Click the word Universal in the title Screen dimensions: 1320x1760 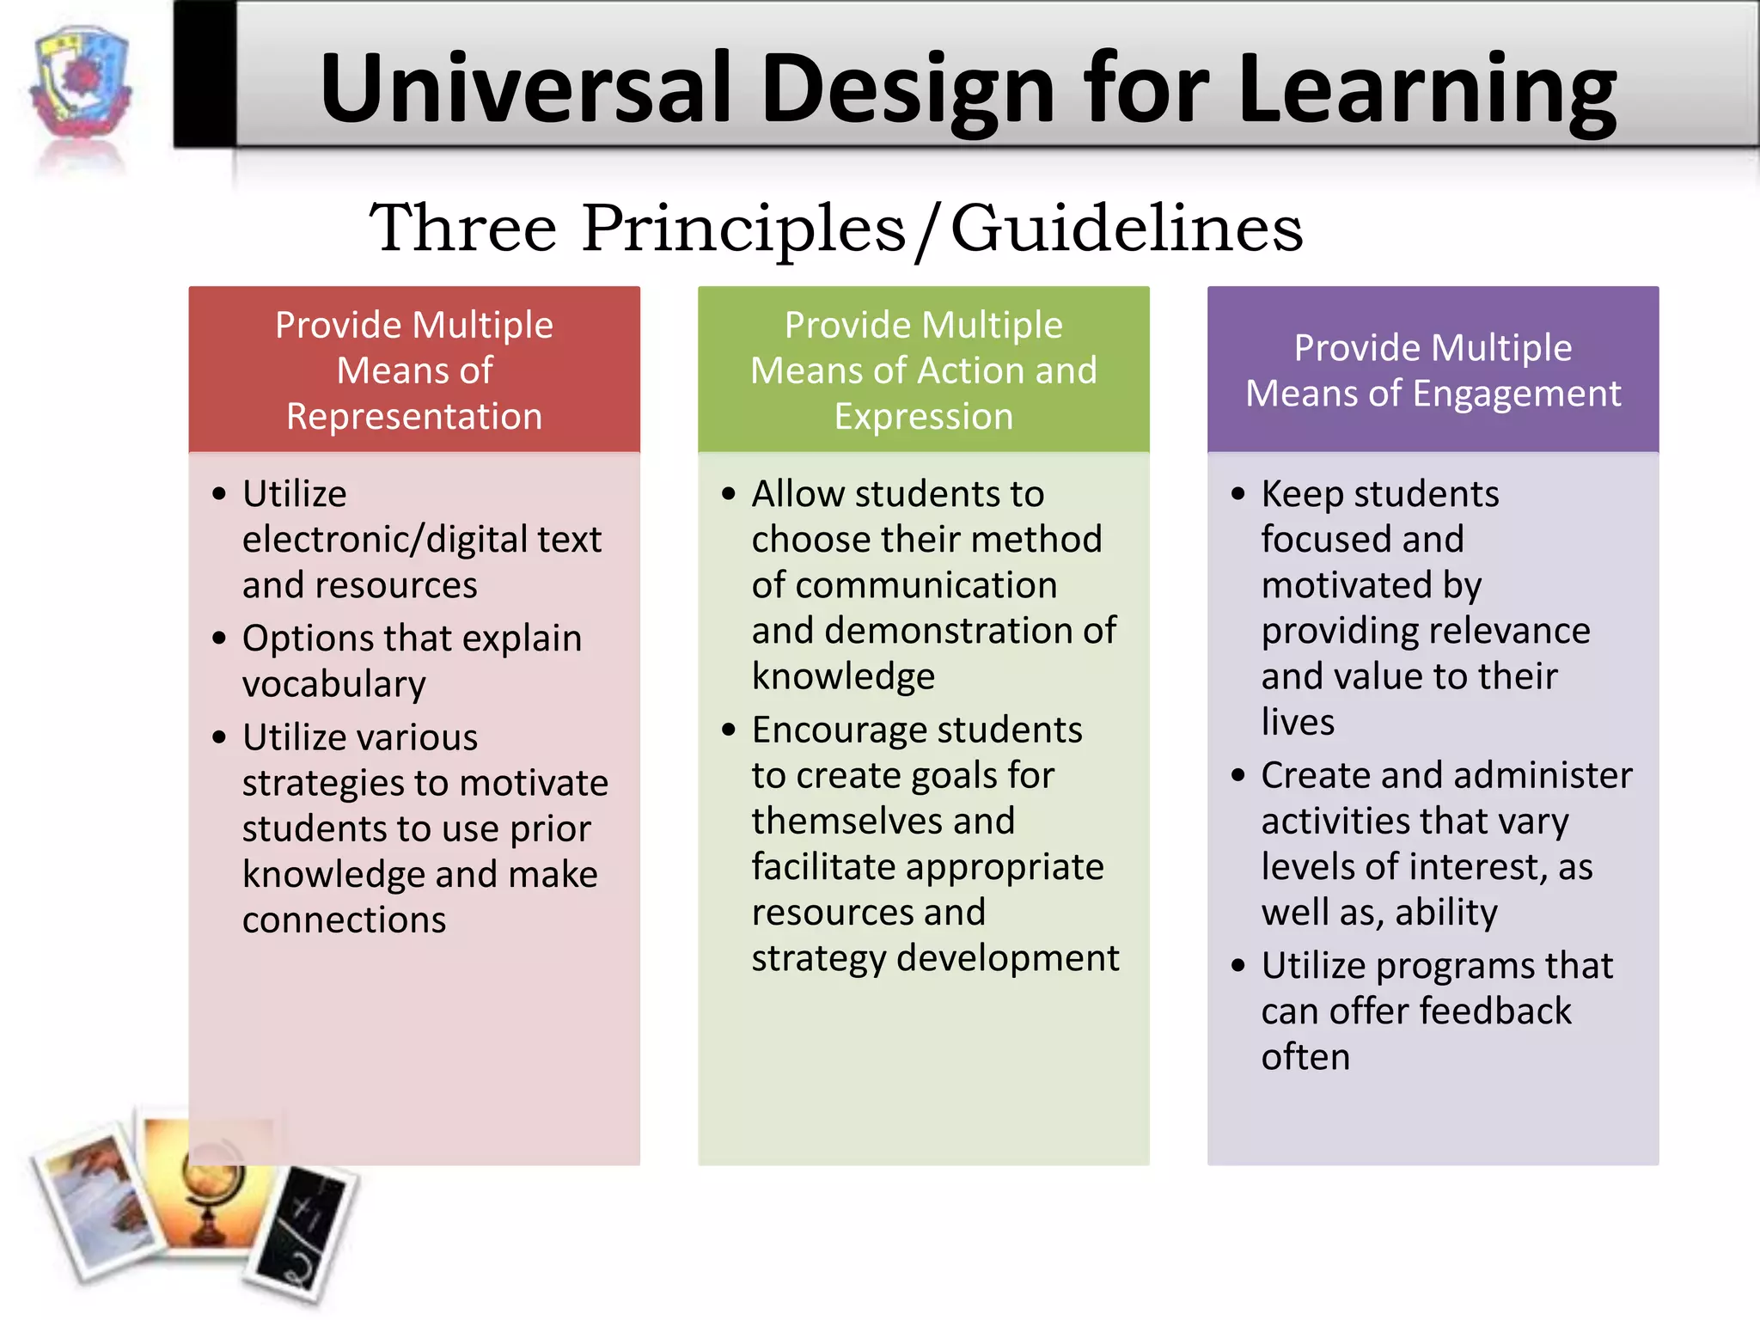tap(525, 89)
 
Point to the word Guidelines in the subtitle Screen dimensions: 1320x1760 tap(1127, 228)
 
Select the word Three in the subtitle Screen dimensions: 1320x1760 tap(463, 228)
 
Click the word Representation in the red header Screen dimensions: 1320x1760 tap(414, 417)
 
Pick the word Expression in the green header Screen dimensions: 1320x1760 tap(924, 417)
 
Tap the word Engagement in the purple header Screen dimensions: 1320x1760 tap(1517, 394)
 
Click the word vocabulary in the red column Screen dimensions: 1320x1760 tap(334, 684)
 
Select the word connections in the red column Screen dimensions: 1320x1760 tap(344, 920)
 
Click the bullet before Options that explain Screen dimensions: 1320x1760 tap(220, 639)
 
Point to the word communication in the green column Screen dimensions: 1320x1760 tap(904, 585)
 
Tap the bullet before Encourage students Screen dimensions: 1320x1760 tap(730, 730)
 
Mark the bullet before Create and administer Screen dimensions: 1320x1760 tap(1238, 776)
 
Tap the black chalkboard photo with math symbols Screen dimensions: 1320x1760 tap(305, 1233)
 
